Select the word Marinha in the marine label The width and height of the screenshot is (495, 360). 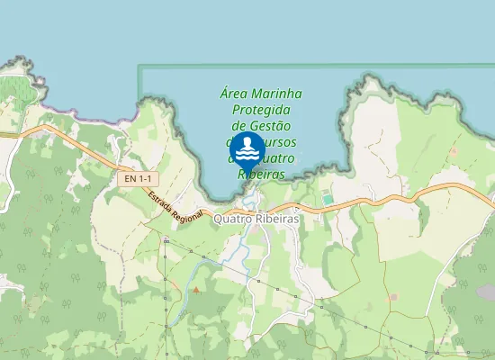276,94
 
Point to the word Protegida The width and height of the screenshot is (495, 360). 261,110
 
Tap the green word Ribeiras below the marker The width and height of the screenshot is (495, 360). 262,175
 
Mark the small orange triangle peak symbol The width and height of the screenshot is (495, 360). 196,290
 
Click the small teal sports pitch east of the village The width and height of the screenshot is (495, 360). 327,198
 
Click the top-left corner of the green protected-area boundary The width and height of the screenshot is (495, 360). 139,67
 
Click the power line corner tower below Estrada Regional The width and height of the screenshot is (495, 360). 166,241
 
